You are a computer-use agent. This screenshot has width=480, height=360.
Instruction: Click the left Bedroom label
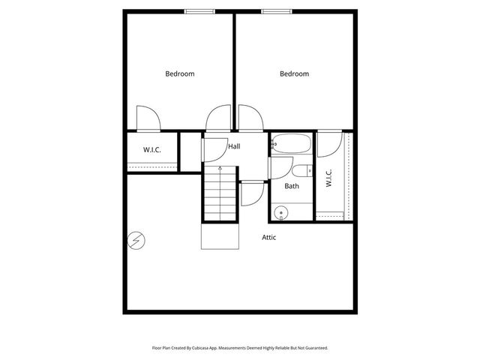click(180, 73)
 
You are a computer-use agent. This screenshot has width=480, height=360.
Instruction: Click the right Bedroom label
click(294, 73)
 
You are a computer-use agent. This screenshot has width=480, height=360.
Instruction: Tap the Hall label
click(234, 146)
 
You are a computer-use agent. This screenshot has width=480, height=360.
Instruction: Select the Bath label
click(292, 185)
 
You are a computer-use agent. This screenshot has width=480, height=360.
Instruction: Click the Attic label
click(269, 238)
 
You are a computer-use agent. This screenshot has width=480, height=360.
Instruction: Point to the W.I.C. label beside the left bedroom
click(152, 150)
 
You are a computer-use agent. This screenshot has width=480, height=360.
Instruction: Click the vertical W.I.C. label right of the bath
click(329, 178)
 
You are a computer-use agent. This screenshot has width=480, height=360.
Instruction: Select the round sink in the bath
click(281, 212)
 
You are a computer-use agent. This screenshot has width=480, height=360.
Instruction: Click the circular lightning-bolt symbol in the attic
click(136, 241)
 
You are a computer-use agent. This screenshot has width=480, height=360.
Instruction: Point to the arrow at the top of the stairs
click(220, 169)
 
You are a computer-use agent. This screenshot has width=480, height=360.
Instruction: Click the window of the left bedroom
click(196, 10)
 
